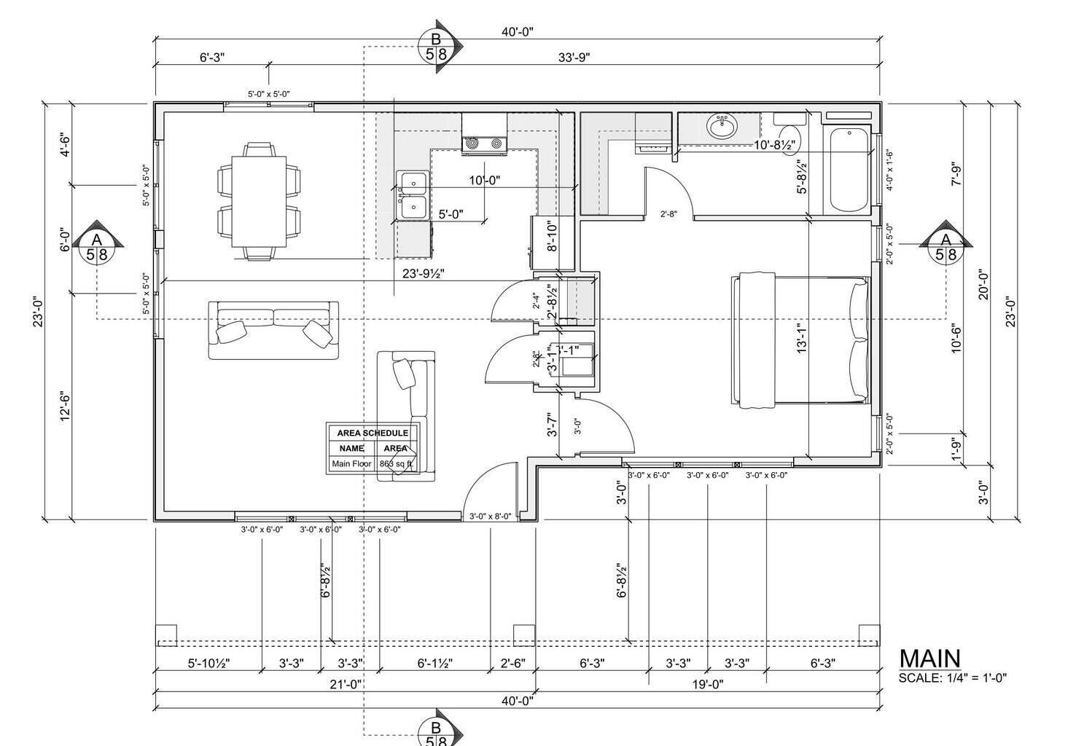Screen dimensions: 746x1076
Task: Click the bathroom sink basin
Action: coord(722,127)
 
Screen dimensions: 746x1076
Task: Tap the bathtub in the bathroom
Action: coord(848,170)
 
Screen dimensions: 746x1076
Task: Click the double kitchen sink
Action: coord(412,195)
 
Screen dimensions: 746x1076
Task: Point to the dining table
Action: coord(260,201)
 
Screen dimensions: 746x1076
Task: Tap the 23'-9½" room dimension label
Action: coord(424,274)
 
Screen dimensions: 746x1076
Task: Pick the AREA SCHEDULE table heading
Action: coord(373,433)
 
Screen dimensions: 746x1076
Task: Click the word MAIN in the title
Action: coord(929,659)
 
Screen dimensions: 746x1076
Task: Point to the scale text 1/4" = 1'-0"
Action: coord(975,678)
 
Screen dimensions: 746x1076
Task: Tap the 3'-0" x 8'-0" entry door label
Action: coord(490,516)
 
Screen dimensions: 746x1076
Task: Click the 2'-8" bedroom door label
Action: coord(668,214)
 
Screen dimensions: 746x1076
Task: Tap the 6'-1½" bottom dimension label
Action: coord(434,664)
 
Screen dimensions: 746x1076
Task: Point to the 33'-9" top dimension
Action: coord(574,58)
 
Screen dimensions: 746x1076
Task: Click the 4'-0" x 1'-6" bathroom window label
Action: coord(889,170)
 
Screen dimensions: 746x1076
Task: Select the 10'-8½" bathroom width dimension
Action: coord(773,145)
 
